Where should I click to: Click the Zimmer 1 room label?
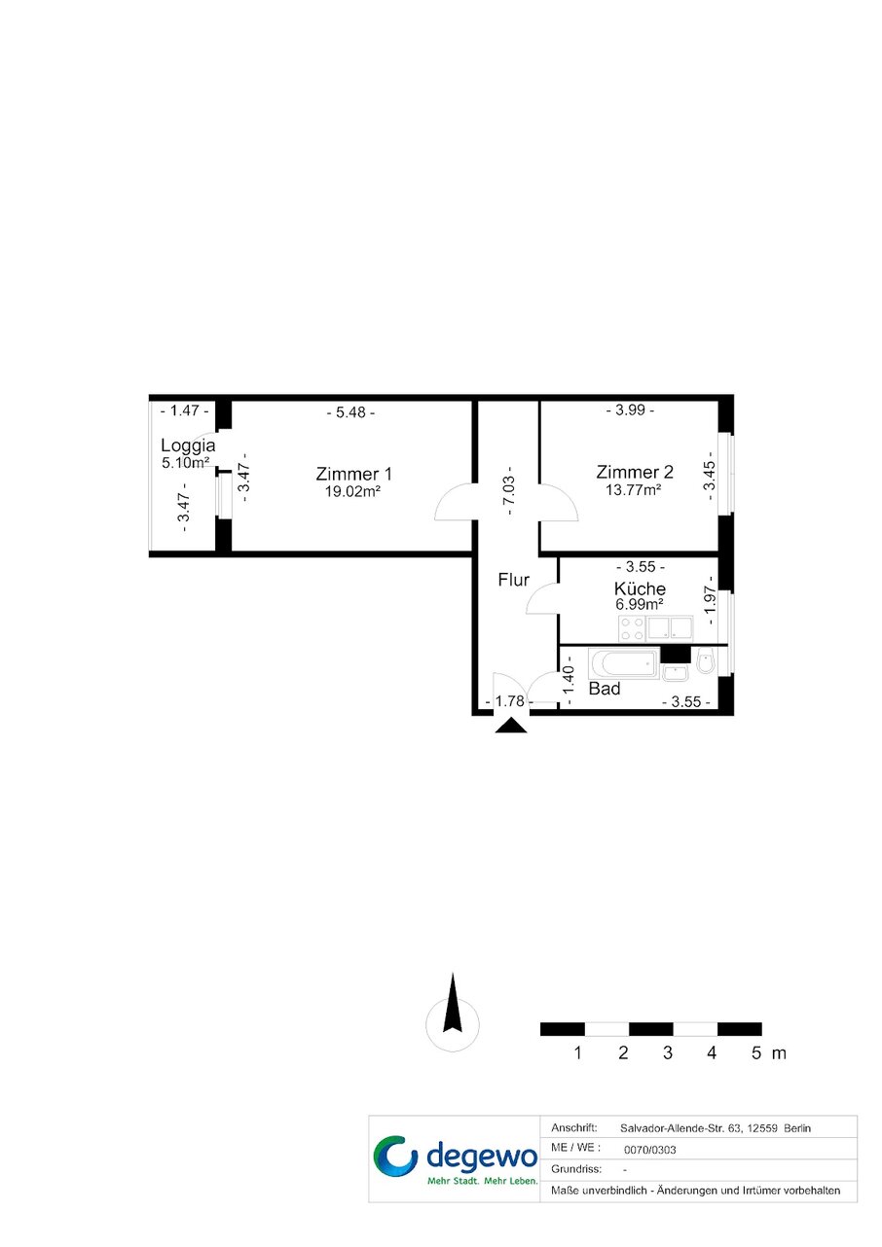353,474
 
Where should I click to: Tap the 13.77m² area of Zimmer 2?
634,490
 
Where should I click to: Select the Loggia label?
188,445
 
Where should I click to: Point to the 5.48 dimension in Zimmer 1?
349,412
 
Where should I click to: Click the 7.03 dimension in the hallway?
509,490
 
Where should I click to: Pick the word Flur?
514,580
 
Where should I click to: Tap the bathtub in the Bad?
624,663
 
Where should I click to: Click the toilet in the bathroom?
706,660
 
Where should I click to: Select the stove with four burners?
632,628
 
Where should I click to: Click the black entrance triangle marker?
511,726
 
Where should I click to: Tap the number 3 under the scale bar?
668,1052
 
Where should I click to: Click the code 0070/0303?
649,1150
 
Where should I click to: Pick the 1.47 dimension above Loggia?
184,410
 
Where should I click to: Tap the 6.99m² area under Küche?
639,604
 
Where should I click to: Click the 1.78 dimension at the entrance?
509,701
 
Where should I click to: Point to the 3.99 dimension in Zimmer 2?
630,410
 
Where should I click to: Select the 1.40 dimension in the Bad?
569,686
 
